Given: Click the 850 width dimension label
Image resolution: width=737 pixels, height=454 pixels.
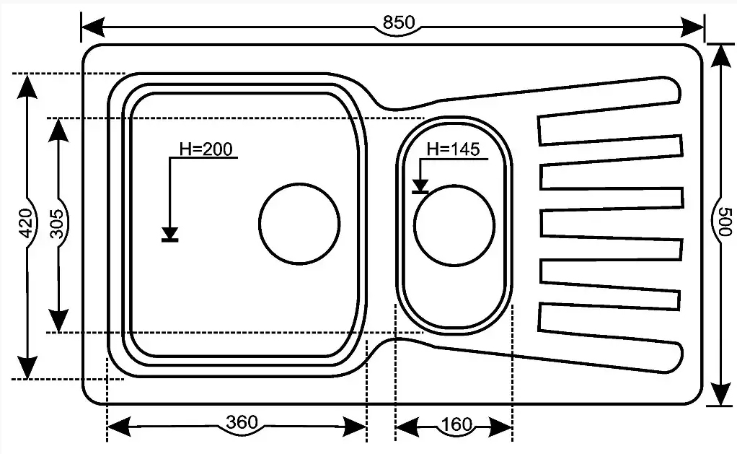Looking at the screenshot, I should pyautogui.click(x=398, y=23).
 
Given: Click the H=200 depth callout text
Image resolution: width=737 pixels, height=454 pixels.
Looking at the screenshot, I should pyautogui.click(x=206, y=149).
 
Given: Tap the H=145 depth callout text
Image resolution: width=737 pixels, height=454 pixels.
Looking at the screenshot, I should pyautogui.click(x=454, y=149).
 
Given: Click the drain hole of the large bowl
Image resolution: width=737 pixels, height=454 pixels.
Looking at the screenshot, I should pyautogui.click(x=299, y=222).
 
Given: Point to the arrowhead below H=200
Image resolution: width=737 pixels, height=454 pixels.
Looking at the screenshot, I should pyautogui.click(x=170, y=233).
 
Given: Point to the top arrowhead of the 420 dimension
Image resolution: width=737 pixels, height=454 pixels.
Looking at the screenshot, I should pyautogui.click(x=27, y=86).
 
